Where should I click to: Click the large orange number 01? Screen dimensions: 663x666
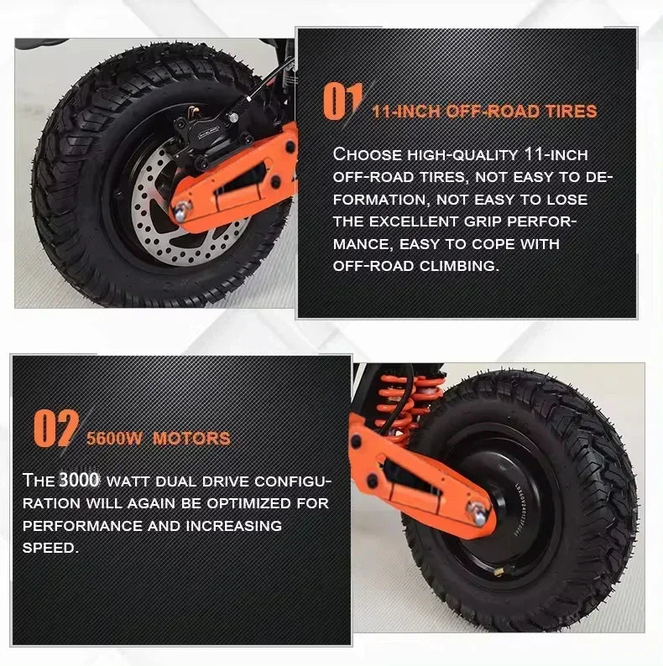click(342, 101)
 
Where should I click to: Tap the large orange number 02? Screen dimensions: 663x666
click(56, 428)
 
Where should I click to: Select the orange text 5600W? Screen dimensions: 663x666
click(114, 439)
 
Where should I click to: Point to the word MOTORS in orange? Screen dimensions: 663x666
click(191, 439)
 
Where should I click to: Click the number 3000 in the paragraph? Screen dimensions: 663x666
click(79, 480)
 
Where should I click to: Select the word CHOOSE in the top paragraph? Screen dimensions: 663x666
click(368, 154)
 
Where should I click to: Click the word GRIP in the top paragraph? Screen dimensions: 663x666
click(483, 221)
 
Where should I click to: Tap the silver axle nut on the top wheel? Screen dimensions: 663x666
click(182, 211)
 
